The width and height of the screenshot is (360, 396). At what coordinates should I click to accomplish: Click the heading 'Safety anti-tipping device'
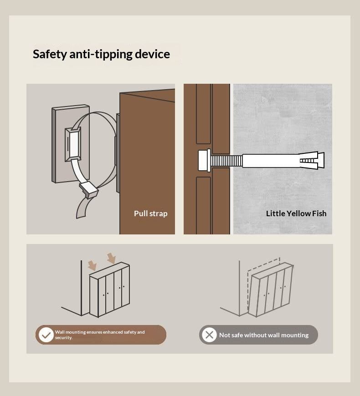[101, 54]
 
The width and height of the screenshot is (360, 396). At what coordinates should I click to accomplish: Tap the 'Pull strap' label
[151, 213]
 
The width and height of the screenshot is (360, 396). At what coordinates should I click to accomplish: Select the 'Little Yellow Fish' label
[296, 213]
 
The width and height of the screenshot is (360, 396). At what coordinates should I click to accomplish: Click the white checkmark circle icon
[46, 335]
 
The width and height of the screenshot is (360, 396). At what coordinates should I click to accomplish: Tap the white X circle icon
[209, 335]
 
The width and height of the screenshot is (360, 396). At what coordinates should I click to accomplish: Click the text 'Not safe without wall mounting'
[264, 335]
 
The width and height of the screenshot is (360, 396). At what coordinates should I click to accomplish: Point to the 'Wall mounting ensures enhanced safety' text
[100, 332]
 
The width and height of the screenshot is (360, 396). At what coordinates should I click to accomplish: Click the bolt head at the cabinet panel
[204, 161]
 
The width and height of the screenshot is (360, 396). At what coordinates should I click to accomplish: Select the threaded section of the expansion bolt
[226, 161]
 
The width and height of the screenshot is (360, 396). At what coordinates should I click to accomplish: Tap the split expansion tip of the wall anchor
[312, 161]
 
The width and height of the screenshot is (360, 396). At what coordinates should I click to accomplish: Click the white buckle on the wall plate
[73, 144]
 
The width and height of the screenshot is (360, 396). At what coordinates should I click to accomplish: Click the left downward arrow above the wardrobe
[92, 266]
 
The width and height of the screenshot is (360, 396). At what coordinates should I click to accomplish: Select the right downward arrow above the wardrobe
[111, 258]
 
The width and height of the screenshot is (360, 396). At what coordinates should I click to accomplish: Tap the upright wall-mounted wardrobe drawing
[109, 289]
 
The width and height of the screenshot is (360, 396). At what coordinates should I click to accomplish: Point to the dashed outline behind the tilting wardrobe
[263, 264]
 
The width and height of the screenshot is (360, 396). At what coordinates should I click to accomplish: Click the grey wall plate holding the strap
[59, 144]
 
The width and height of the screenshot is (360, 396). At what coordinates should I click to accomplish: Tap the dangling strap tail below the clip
[82, 208]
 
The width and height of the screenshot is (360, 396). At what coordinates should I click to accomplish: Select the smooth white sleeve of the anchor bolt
[271, 161]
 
